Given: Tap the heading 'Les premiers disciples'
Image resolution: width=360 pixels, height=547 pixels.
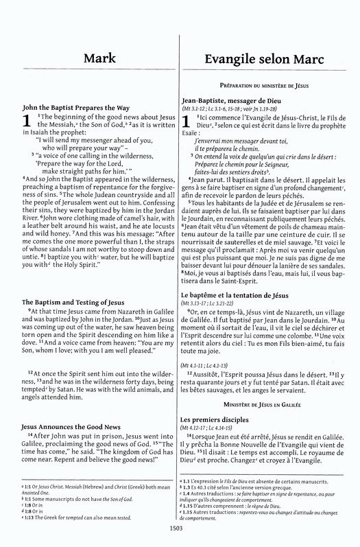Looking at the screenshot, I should (x=217, y=418).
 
